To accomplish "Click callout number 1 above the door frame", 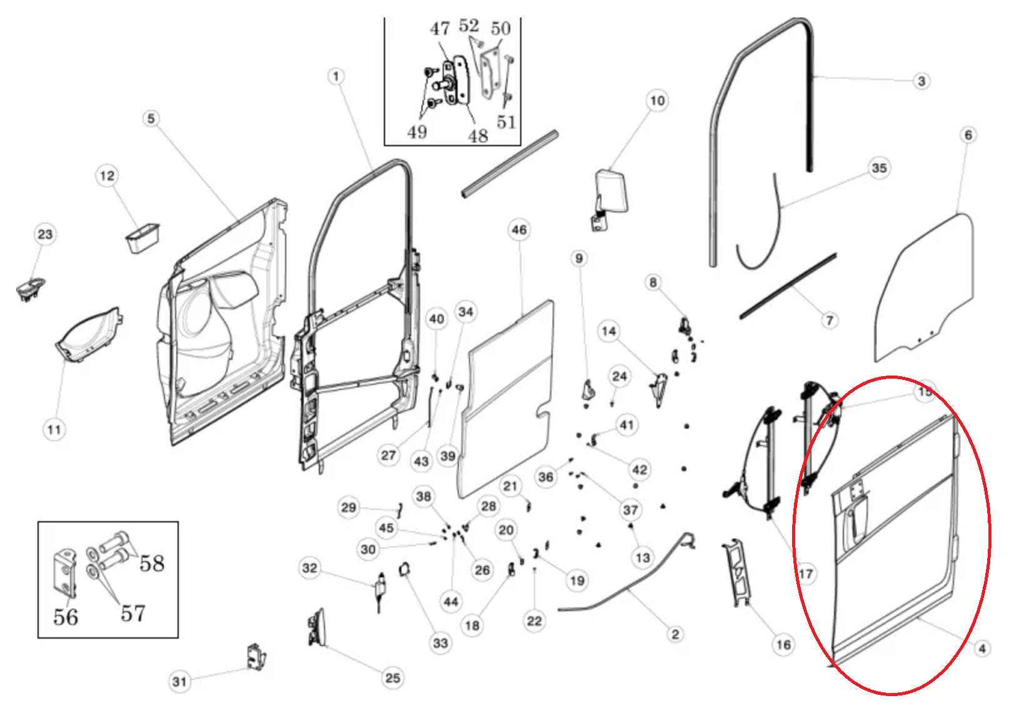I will pos(336,76).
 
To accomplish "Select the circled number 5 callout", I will pos(151,119).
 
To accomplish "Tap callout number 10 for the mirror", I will pos(657,101).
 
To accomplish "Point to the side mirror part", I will pos(612,194).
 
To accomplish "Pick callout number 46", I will pos(519,230).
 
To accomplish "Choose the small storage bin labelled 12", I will pos(143,237).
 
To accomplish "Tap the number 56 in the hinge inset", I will pos(66,617).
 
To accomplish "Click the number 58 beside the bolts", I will pos(152,563).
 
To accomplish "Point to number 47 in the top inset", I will pos(439,29).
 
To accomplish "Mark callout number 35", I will pos(879,168).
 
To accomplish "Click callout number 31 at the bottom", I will pos(179,681).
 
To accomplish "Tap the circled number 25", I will pos(393,678).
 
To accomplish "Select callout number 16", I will pos(783,644).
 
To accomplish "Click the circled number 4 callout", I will pos(982,649).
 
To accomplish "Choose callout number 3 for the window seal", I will pos(921,81).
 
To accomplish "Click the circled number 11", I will pos(54,429).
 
